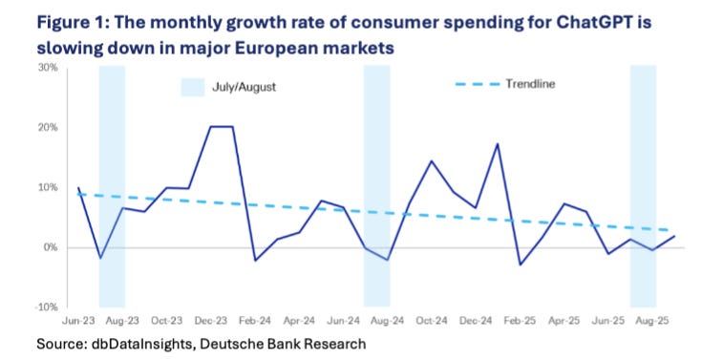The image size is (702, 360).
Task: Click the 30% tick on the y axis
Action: point(49,68)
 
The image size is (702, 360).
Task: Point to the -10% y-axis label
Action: point(48,307)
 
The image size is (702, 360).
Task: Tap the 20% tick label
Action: point(49,128)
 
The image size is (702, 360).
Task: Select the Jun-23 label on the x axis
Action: point(78,321)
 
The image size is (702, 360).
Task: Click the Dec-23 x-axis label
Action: point(211,321)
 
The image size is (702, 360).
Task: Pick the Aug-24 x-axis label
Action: point(388,321)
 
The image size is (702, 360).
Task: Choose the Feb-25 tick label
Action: point(521,321)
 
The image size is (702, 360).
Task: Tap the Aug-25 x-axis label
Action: point(652,321)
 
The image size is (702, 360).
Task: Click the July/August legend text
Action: point(244,87)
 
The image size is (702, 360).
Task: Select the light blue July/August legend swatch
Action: point(193,87)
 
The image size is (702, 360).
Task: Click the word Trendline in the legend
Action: point(530,84)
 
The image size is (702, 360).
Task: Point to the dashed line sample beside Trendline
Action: point(478,84)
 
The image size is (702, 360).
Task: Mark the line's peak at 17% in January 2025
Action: point(498,144)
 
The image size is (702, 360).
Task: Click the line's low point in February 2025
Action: point(521,265)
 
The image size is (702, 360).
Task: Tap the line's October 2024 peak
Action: point(432,160)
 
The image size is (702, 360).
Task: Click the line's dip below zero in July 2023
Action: point(100,259)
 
